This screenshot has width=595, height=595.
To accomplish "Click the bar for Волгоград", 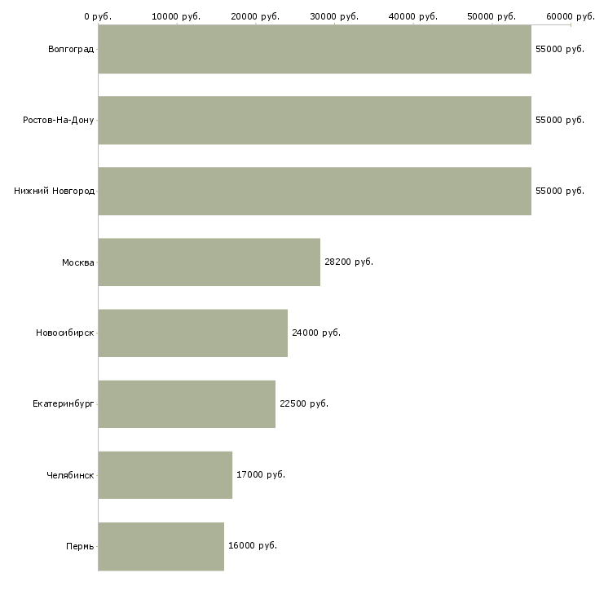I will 315,50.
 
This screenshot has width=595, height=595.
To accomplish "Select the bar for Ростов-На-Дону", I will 315,121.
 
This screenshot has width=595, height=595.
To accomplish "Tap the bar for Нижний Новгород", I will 315,192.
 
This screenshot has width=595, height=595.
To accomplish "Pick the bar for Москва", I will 209,262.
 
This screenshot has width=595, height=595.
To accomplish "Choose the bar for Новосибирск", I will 193,333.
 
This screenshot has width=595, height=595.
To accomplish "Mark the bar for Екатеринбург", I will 187,404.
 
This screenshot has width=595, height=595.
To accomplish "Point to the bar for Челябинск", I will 165,475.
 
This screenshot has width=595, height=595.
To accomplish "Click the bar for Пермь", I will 161,546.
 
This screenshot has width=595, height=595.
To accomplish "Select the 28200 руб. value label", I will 349,262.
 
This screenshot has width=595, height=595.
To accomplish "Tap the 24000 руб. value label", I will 316,333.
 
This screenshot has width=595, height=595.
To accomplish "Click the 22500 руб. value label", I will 304,404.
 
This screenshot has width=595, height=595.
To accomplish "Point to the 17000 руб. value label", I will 261,475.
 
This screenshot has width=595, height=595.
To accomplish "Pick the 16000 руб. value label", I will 253,546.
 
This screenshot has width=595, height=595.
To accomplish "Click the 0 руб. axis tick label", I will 98,16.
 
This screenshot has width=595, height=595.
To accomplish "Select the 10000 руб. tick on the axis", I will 176,16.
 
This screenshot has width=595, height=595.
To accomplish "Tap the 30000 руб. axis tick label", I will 334,16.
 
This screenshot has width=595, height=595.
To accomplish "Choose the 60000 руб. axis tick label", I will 571,16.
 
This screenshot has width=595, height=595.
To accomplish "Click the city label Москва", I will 78,262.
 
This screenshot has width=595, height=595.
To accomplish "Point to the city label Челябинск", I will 70,475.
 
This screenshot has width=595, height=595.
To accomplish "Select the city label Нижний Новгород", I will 54,192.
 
